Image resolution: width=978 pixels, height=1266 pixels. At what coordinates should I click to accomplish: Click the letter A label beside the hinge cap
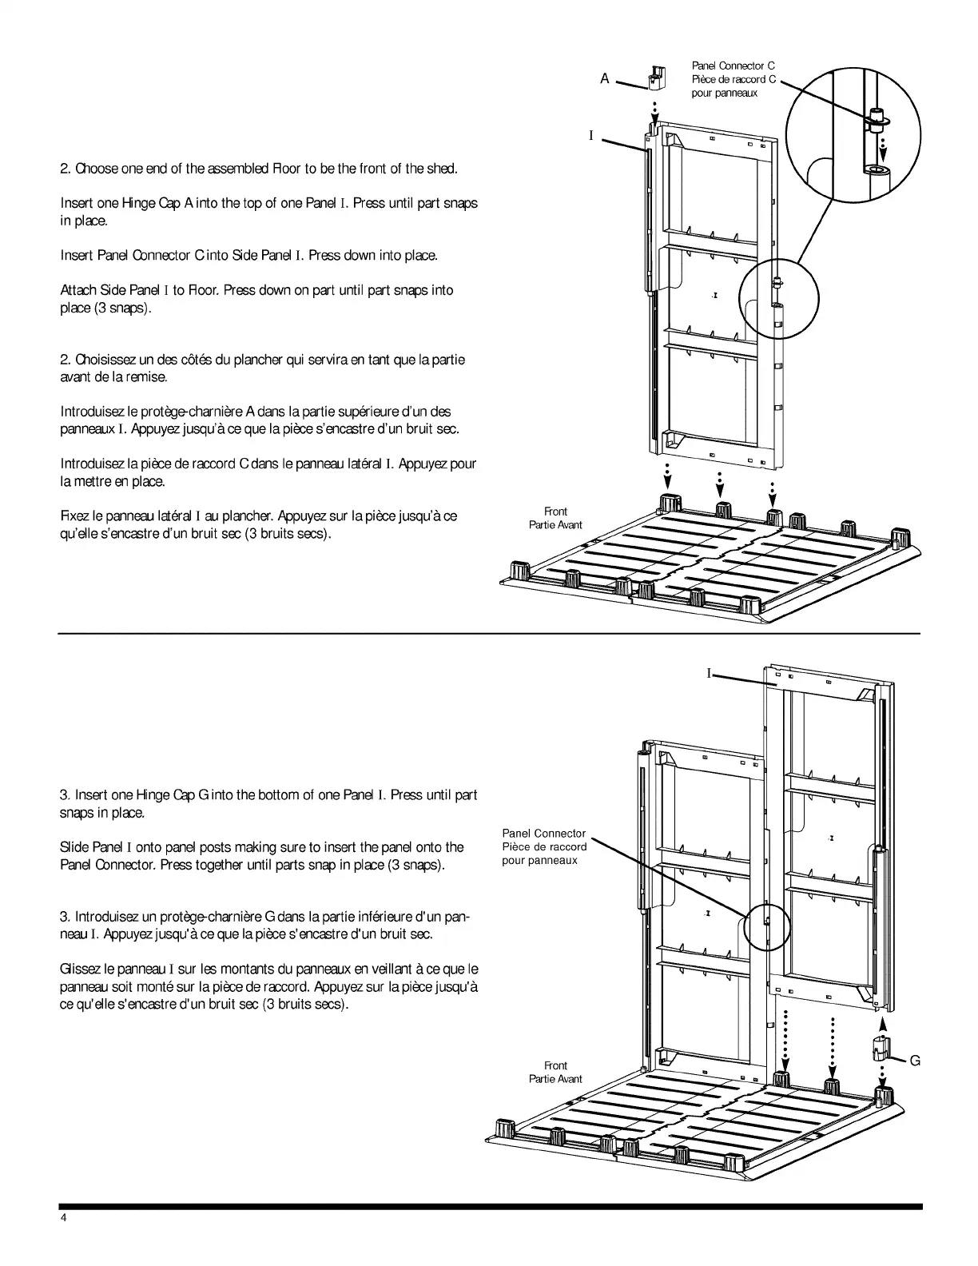click(x=605, y=78)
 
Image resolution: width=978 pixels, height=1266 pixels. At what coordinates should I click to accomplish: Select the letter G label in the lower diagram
click(x=915, y=1061)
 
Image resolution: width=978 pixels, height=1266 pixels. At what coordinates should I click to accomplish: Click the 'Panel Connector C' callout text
click(x=733, y=66)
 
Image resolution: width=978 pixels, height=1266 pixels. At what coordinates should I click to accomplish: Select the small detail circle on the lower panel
click(x=766, y=928)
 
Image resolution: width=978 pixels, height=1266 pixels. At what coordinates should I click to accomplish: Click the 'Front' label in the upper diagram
click(x=555, y=512)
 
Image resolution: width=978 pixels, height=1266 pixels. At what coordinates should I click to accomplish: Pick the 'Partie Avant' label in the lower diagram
click(x=555, y=1079)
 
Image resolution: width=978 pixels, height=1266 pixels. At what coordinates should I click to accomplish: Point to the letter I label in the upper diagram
click(x=591, y=136)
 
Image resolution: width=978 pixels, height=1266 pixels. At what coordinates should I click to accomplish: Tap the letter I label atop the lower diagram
click(x=708, y=674)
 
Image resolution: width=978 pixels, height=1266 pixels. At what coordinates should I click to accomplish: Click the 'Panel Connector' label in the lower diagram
click(x=543, y=834)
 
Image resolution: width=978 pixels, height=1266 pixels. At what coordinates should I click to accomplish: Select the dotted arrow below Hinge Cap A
click(x=654, y=109)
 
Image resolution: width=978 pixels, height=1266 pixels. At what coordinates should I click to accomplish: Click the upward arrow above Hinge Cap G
click(x=882, y=1024)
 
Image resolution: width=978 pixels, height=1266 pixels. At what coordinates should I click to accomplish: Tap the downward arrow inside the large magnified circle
click(x=884, y=147)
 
